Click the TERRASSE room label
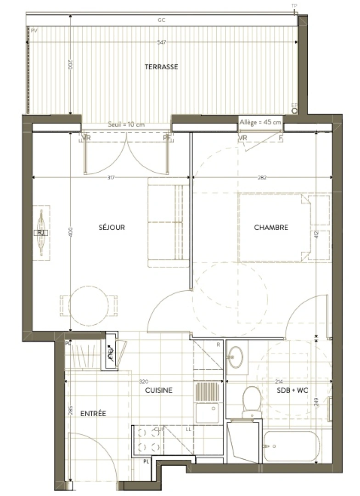[161, 67]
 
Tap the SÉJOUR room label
[112, 227]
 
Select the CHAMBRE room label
[271, 227]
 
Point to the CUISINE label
[158, 390]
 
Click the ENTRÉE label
[93, 414]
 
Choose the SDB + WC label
[292, 390]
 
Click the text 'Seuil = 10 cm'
[126, 124]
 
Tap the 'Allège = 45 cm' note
[260, 122]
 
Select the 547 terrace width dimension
[161, 42]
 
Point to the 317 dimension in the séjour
[111, 177]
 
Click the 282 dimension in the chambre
[262, 177]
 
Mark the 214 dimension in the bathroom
[279, 382]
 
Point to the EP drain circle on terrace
[294, 111]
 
